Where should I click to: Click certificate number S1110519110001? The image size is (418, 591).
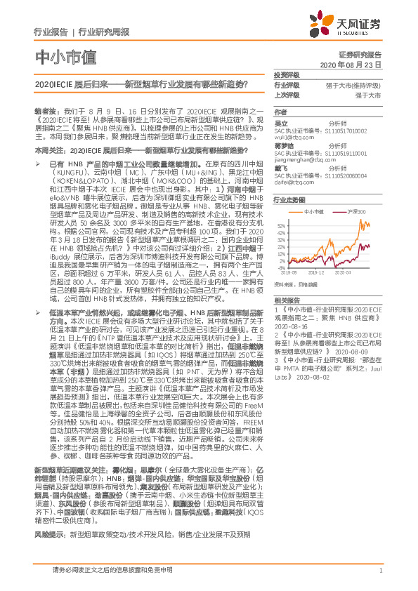347,152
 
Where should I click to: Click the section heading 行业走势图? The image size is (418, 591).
289,200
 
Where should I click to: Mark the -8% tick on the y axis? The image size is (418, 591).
282,267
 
